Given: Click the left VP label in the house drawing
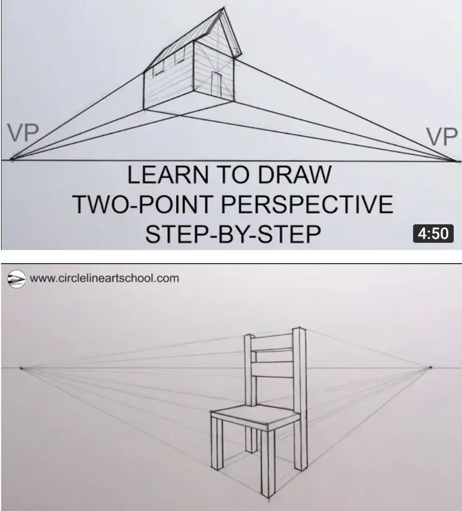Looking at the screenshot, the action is pos(23,133).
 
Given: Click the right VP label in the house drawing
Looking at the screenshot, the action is pos(441,137).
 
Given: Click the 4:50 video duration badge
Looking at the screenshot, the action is pos(433,233).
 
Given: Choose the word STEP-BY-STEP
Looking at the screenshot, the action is pos(233,234).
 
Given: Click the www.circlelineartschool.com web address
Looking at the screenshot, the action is pos(104,278).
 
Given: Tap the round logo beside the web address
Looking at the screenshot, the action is pos(16,279).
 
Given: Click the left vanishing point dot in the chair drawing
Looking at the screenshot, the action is pos(21,368).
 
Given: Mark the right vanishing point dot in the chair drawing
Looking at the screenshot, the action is pos(431,367).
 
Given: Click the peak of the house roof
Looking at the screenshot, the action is pos(224,7).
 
